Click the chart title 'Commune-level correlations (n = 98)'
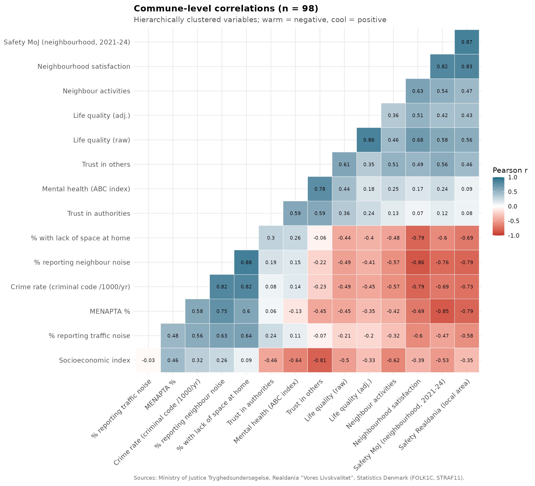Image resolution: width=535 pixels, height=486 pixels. click(x=226, y=9)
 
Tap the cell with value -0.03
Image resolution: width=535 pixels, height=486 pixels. click(x=148, y=360)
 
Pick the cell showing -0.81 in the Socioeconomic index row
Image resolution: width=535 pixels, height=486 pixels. click(x=320, y=360)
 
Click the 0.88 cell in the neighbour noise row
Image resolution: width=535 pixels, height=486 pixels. click(x=246, y=262)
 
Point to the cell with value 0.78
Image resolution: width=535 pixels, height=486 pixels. click(x=320, y=189)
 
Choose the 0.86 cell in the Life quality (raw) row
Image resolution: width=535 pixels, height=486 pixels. click(x=369, y=140)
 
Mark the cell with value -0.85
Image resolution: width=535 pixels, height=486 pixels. click(x=442, y=311)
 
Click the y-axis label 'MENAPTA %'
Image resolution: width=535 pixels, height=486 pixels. click(x=110, y=311)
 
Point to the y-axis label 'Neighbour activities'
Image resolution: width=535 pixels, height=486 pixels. click(x=96, y=91)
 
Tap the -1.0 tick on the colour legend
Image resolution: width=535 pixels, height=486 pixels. click(x=513, y=235)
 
